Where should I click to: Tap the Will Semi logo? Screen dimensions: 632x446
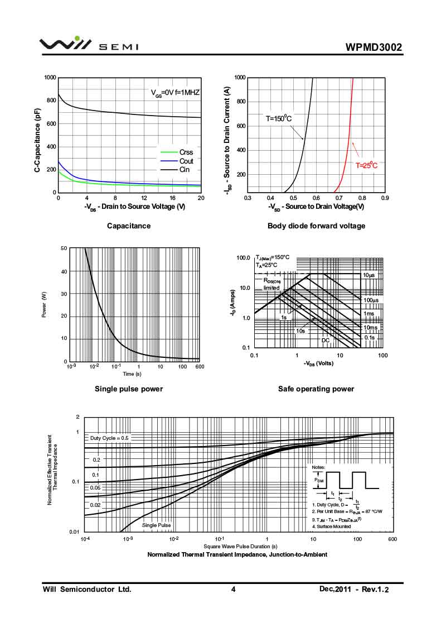tap(89, 45)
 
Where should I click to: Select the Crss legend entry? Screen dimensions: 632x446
tap(186, 152)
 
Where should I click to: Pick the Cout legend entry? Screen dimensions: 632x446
tap(186, 161)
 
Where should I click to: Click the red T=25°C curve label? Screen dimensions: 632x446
tap(367, 165)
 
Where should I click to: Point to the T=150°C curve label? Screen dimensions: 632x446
tap(279, 118)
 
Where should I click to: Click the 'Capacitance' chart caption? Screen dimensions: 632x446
tap(129, 226)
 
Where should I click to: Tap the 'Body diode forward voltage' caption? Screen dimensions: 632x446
tap(316, 226)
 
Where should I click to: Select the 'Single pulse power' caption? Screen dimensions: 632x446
tap(129, 389)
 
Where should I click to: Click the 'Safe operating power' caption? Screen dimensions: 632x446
tap(316, 389)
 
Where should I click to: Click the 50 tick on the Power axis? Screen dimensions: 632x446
tap(64, 248)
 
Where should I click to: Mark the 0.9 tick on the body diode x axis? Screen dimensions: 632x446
tap(384, 198)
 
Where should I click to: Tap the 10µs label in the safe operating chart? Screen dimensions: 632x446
tap(369, 276)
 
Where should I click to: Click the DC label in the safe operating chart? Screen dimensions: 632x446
tap(326, 340)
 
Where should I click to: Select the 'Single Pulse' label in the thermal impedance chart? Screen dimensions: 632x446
tap(156, 525)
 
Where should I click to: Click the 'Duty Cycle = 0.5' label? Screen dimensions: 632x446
tap(109, 438)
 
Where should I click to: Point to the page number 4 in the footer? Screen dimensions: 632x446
tap(234, 590)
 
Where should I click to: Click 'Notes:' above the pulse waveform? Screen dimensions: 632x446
tap(318, 467)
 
